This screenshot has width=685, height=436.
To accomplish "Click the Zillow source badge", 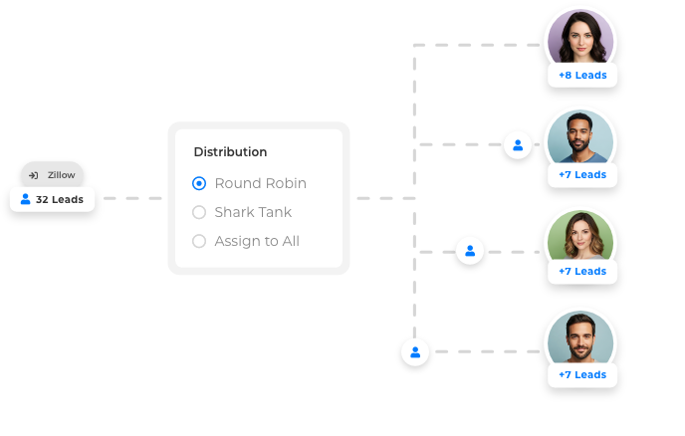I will click(x=52, y=174).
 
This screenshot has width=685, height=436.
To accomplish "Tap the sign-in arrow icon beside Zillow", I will click(x=33, y=175).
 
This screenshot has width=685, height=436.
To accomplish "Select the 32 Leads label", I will click(x=60, y=199).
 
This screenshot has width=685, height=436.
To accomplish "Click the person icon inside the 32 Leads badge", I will click(x=25, y=199).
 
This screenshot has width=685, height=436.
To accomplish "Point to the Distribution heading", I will click(x=230, y=152).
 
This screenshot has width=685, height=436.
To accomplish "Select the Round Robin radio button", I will click(x=199, y=183).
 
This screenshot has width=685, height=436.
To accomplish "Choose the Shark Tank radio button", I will click(x=199, y=212).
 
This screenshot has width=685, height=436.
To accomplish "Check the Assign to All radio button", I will click(x=199, y=241).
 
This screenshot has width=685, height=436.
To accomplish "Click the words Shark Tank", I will click(x=253, y=212).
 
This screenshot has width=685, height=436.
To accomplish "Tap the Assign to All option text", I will click(x=257, y=241).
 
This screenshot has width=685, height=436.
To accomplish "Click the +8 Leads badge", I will click(x=581, y=75).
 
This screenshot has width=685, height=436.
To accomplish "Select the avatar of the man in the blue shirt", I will click(x=580, y=137).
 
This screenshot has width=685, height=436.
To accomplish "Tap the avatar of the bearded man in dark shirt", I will click(x=580, y=339).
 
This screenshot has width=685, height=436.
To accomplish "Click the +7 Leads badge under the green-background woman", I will click(x=581, y=272).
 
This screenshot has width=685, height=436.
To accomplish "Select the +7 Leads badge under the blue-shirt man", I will click(x=581, y=175).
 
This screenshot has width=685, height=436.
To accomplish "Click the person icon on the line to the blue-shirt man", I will click(x=517, y=144).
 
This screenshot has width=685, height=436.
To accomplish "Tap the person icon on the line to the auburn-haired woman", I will click(x=470, y=251).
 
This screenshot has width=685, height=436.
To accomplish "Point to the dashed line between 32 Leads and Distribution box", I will click(x=132, y=198).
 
